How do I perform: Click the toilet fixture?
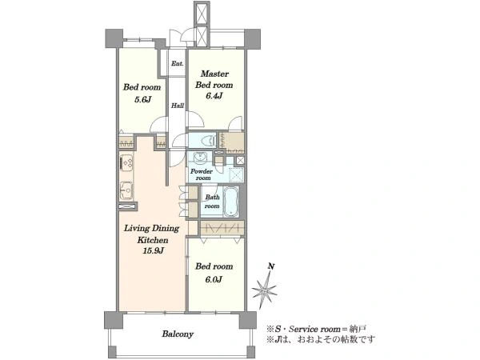pyautogui.click(x=207, y=141)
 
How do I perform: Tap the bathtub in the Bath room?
pyautogui.click(x=231, y=202)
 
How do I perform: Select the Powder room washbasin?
pyautogui.click(x=200, y=158)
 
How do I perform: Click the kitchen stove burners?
pyautogui.click(x=126, y=162)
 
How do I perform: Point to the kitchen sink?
pyautogui.click(x=126, y=190)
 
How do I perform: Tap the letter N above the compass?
pyautogui.click(x=271, y=266)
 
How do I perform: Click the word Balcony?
pyautogui.click(x=178, y=334)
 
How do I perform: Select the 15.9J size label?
pyautogui.click(x=153, y=250)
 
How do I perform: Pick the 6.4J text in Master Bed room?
pyautogui.click(x=214, y=96)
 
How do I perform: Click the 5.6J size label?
pyautogui.click(x=143, y=99)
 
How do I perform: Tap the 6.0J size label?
pyautogui.click(x=214, y=279)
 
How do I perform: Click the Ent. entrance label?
pyautogui.click(x=178, y=64)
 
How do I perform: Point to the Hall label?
pyautogui.click(x=178, y=106)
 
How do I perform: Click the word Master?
pyautogui.click(x=214, y=74)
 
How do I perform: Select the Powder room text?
pyautogui.click(x=202, y=174)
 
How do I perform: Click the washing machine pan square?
pyautogui.click(x=237, y=175)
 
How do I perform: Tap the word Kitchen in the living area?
pyautogui.click(x=153, y=240)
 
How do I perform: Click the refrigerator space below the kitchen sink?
pyautogui.click(x=126, y=206)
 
